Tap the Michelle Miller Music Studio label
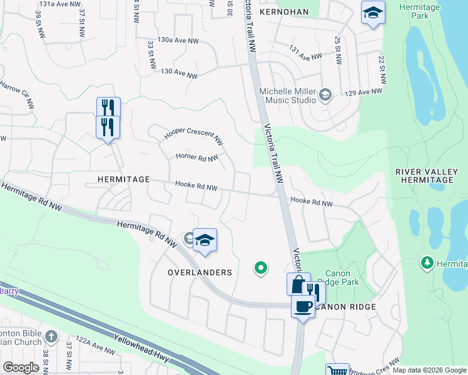(x=287, y=95)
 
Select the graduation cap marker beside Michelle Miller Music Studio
(x=325, y=95)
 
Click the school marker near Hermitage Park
(x=372, y=13)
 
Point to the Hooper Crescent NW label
(x=193, y=137)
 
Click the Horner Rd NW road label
(x=196, y=157)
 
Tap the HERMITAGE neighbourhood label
(x=124, y=179)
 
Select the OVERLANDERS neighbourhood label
(x=200, y=272)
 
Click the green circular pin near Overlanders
(x=260, y=268)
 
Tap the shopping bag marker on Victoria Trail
(x=298, y=283)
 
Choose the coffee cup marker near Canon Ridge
(x=303, y=307)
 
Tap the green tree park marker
(x=427, y=263)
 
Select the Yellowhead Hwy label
(x=143, y=349)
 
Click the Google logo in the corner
(x=21, y=367)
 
